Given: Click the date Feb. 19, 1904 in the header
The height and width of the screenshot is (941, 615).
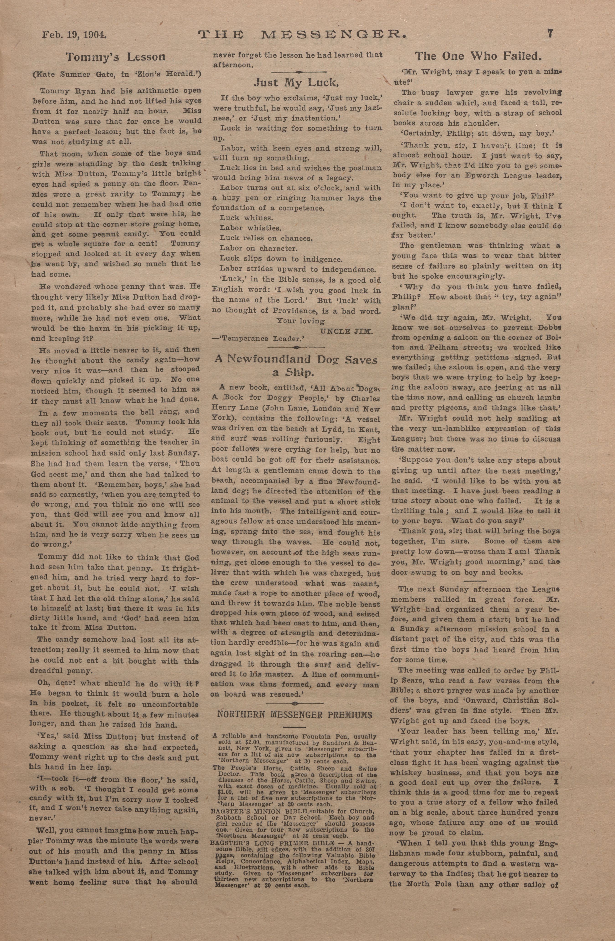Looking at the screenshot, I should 74,35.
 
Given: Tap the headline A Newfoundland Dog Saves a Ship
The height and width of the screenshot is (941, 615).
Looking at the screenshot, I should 296,366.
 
